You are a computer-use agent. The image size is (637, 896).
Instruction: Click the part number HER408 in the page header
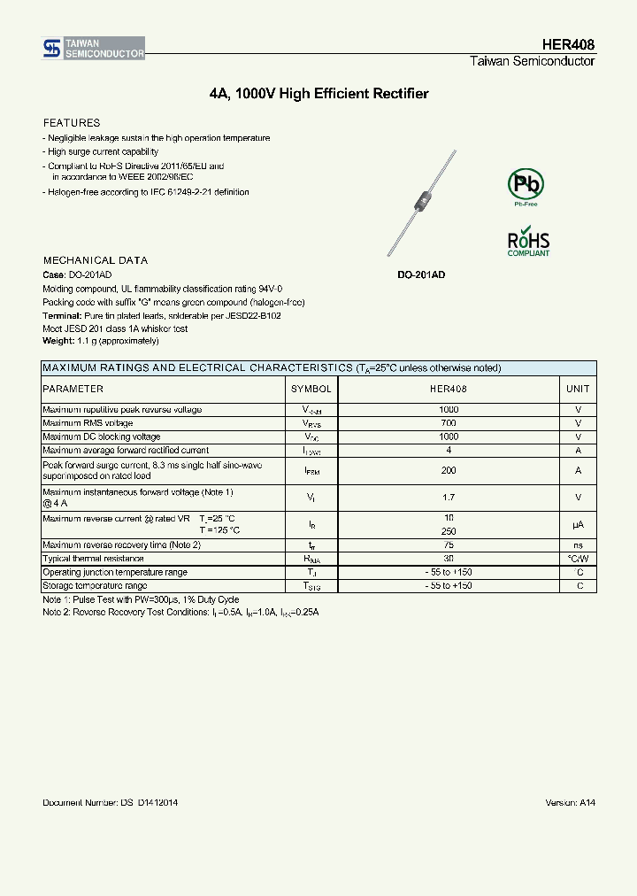coord(568,44)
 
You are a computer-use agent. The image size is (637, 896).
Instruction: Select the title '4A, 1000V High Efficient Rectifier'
coord(318,94)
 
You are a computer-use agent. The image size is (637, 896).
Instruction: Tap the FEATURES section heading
coord(72,123)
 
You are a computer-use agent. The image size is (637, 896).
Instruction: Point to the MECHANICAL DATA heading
coord(96,260)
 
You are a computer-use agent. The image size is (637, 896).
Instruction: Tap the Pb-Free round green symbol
coord(526,185)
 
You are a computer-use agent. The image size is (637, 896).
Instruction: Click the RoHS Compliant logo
coord(528,243)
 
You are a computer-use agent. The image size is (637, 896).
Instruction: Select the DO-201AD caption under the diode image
coord(420,275)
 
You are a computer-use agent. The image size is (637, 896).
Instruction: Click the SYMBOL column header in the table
coord(311,389)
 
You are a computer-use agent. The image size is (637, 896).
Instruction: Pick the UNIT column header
coord(578,389)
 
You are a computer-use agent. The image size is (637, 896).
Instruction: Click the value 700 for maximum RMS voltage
coord(449,423)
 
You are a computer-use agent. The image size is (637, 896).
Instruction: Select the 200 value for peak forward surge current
coord(449,471)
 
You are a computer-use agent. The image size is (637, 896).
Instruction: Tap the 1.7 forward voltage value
coord(449,498)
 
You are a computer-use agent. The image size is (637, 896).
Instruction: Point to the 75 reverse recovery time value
coord(449,545)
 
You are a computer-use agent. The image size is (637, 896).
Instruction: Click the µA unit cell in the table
coord(578,525)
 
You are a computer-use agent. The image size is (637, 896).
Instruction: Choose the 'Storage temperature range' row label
coord(96,586)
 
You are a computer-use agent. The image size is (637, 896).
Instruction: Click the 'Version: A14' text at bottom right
coord(570,802)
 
